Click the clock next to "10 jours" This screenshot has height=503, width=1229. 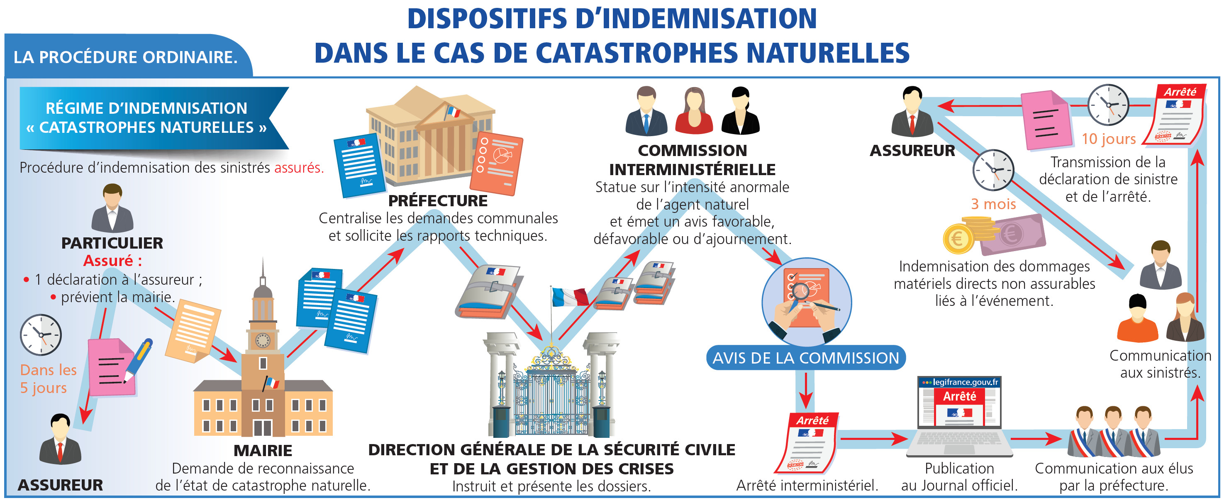[x=1108, y=105]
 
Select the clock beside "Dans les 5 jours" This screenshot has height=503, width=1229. [x=41, y=335]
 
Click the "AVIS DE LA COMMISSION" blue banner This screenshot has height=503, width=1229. [x=805, y=358]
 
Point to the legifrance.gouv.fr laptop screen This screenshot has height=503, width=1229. [x=959, y=404]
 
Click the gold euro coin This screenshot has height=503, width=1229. [x=958, y=239]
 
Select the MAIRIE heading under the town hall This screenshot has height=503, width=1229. [x=263, y=450]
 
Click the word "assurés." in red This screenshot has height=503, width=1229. [x=299, y=168]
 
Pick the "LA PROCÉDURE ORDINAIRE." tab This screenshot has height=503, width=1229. [x=125, y=57]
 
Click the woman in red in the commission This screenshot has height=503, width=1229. [x=694, y=111]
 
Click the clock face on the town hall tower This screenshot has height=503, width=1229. [x=263, y=340]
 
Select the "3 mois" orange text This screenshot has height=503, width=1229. [x=993, y=204]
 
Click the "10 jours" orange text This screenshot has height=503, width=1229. [x=1108, y=139]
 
